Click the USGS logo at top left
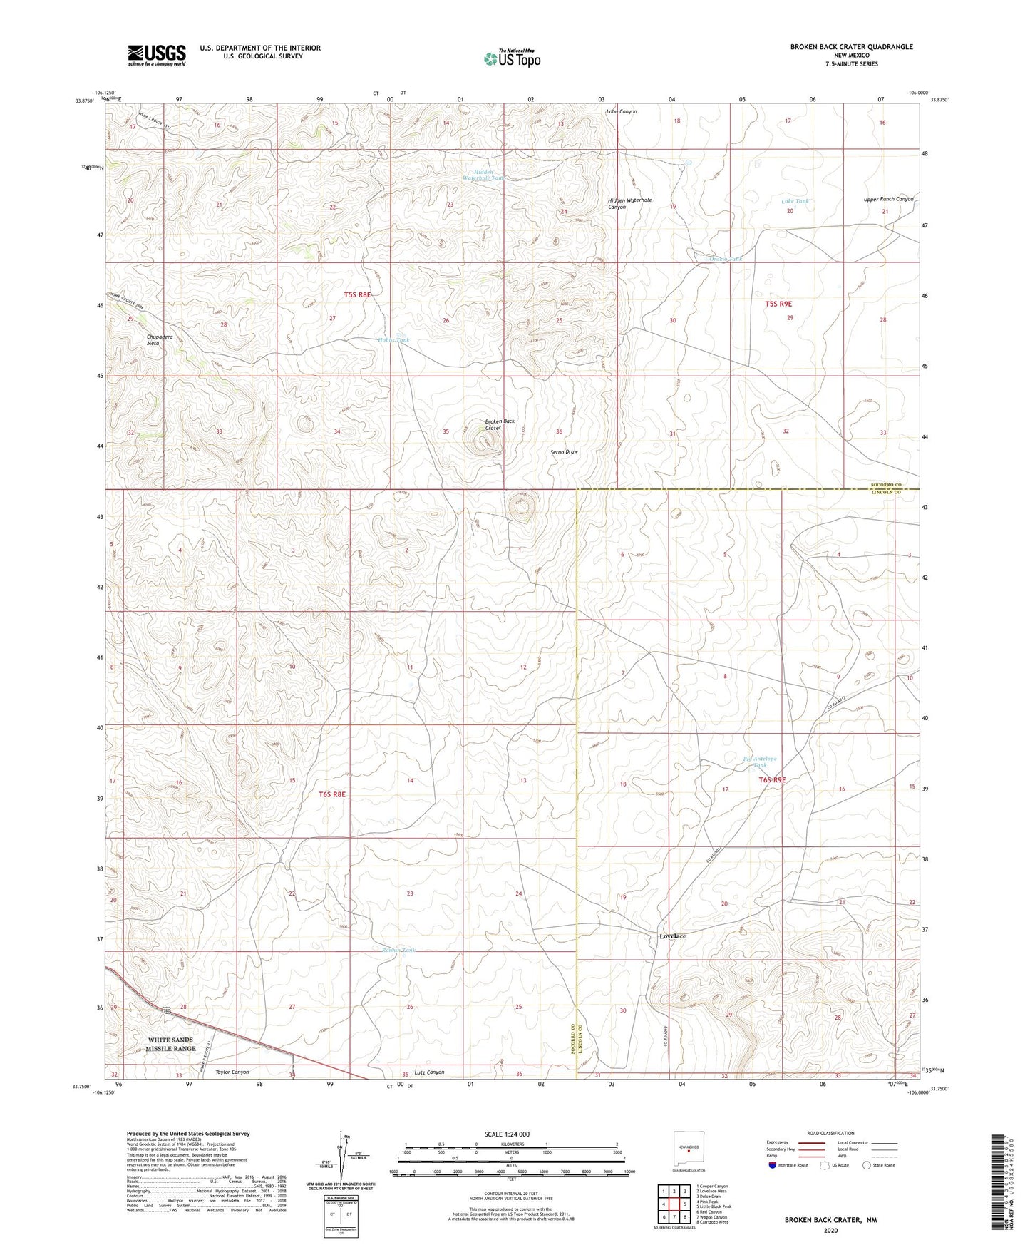tap(156, 55)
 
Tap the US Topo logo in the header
tap(511, 58)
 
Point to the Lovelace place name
tap(672, 936)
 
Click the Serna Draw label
tap(563, 452)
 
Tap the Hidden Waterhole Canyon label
tap(629, 203)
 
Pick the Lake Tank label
tap(794, 202)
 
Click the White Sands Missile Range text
tap(170, 1044)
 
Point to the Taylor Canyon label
tap(232, 1072)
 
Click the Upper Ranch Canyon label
tap(887, 199)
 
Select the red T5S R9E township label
tap(778, 304)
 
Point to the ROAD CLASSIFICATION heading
tap(830, 1133)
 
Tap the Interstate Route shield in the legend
tap(773, 1165)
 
